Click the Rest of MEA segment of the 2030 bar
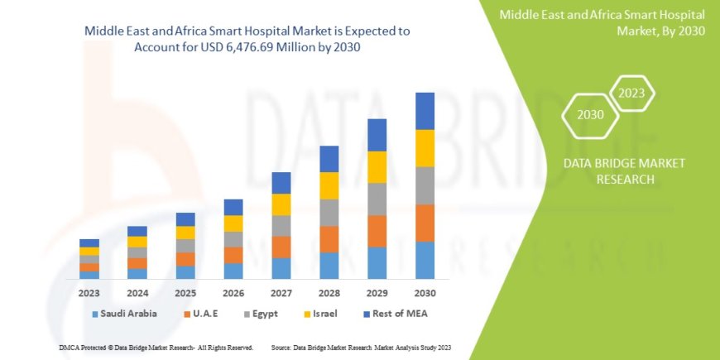click(x=425, y=111)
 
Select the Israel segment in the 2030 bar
click(x=425, y=148)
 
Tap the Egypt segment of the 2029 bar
click(x=377, y=199)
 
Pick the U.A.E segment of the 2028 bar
click(x=329, y=239)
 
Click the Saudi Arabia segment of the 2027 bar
click(x=281, y=268)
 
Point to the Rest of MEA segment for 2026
click(x=233, y=207)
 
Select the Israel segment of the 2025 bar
click(x=185, y=233)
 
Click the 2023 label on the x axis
click(x=89, y=293)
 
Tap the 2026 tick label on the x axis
click(x=233, y=293)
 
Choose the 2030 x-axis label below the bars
click(x=425, y=293)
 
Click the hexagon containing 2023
click(x=631, y=93)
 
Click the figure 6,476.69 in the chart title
click(x=266, y=48)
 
